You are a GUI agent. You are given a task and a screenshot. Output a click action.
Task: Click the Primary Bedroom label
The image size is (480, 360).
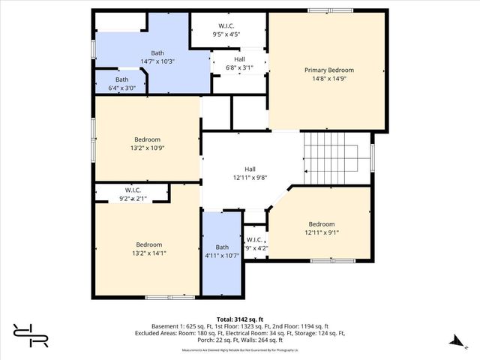(328, 70)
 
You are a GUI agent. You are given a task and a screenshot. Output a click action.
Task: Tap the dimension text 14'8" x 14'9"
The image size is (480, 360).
(328, 79)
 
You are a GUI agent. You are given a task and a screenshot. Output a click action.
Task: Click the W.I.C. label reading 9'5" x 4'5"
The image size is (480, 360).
(226, 29)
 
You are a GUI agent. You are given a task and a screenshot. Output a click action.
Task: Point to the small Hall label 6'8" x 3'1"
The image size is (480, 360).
(239, 63)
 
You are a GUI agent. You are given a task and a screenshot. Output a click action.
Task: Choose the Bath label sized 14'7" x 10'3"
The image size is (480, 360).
(157, 57)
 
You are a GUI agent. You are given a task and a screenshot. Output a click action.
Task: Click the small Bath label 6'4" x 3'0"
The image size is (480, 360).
(121, 84)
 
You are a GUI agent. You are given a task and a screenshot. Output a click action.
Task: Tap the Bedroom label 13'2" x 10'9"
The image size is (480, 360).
(147, 143)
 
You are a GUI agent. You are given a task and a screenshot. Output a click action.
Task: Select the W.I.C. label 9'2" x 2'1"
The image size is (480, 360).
(133, 194)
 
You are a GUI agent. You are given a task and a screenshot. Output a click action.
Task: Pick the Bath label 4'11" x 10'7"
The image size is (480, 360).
(222, 251)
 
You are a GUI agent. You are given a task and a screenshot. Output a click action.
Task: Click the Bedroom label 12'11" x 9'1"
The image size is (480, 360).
(321, 228)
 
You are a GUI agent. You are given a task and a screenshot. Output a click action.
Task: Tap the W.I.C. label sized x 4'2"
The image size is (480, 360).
(255, 244)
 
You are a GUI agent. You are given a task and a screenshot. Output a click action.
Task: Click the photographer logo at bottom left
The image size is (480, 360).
(30, 335)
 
